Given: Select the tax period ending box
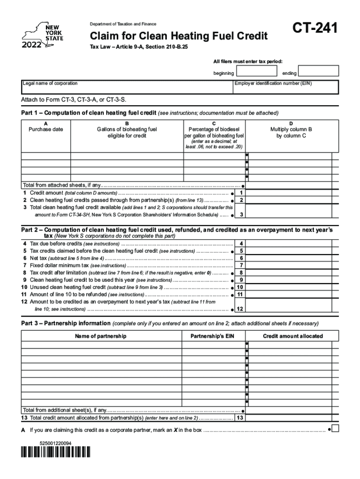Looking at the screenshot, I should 318,71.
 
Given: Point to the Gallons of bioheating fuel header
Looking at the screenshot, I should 127,132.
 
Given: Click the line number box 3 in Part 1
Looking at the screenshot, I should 241,215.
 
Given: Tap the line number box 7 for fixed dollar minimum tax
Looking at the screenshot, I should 241,265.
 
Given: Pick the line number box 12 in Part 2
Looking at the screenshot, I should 240,309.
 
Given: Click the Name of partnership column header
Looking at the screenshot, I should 101,336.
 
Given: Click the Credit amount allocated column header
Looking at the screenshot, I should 293,336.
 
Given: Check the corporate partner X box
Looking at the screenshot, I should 335,428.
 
